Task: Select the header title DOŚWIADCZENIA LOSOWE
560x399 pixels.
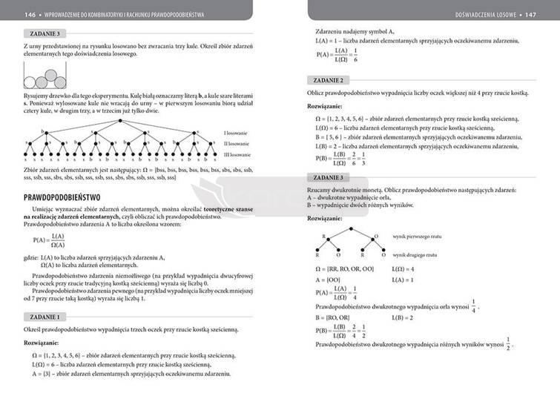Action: [x=483, y=13]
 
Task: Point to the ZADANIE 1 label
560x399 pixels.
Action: [x=46, y=317]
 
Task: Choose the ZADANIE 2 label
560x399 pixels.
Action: [x=330, y=80]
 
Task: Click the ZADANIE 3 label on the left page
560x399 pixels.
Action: [x=46, y=34]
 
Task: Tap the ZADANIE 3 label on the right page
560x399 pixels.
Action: [x=330, y=178]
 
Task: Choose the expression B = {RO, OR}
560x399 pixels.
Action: [x=333, y=317]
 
